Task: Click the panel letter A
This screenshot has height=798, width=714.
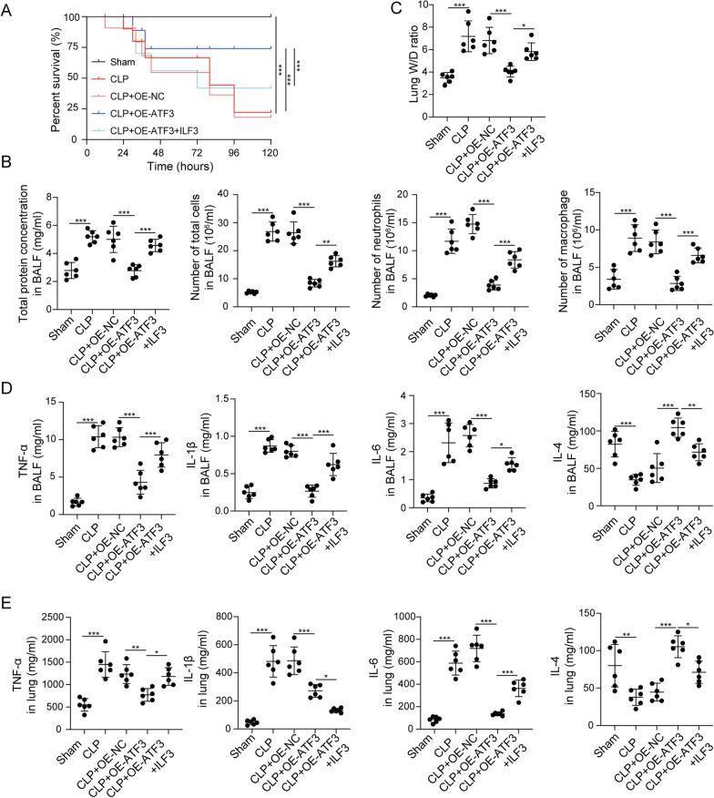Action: [x=8, y=8]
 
